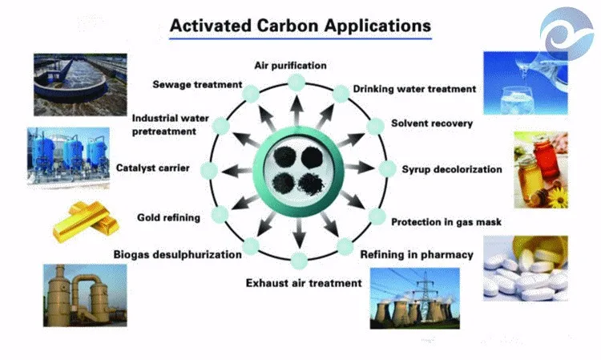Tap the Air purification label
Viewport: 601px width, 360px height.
[x=289, y=63]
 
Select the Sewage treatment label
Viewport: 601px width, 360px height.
[x=197, y=83]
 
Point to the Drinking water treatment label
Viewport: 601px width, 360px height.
[x=415, y=88]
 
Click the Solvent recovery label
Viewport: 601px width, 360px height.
[x=431, y=123]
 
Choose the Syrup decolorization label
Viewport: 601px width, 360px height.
[x=451, y=169]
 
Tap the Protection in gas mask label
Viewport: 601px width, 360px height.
[x=446, y=221]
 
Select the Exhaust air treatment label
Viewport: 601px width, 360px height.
[x=304, y=282]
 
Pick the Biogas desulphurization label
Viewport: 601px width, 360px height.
[x=177, y=255]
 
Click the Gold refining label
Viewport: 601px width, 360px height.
[x=168, y=216]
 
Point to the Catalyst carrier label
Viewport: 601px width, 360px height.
[x=152, y=168]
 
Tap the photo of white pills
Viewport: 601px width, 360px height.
[x=525, y=268]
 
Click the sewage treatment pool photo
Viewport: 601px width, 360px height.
[x=79, y=83]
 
